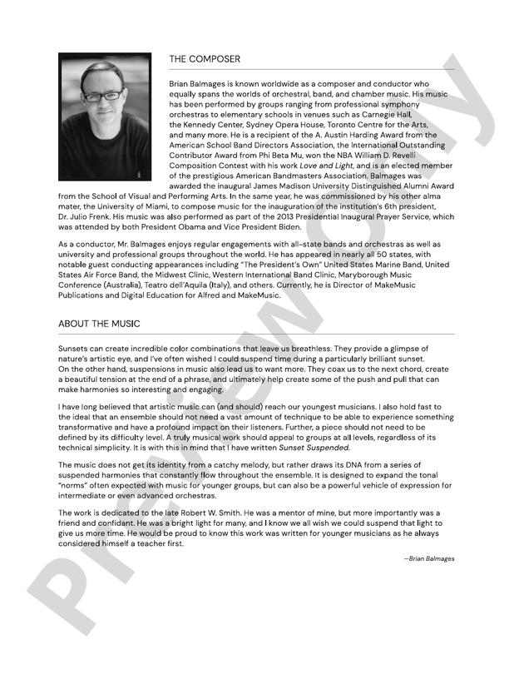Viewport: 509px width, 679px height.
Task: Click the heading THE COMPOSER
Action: click(205, 59)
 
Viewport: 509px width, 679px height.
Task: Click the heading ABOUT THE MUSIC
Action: click(99, 324)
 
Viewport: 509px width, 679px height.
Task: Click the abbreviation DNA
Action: click(303, 464)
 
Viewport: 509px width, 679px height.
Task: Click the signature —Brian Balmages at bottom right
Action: click(429, 558)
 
